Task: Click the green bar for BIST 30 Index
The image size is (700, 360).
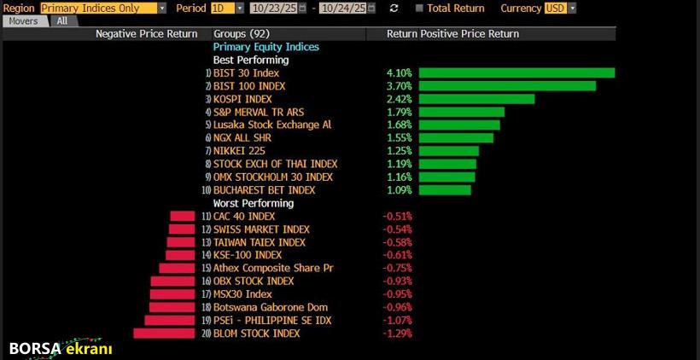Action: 516,73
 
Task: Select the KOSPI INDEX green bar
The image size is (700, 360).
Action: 476,99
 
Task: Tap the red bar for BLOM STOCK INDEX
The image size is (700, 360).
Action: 165,334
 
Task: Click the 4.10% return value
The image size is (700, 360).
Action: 399,73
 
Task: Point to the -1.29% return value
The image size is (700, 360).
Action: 397,334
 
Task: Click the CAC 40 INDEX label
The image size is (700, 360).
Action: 244,217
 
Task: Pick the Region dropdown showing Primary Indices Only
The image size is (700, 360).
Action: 103,8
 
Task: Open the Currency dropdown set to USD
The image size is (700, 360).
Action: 560,8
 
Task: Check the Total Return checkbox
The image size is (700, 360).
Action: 418,9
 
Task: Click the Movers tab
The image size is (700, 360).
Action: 24,20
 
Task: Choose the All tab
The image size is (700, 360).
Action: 61,20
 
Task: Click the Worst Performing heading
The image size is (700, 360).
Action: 253,203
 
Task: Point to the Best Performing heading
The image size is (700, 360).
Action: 250,61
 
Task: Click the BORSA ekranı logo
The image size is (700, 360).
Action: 61,349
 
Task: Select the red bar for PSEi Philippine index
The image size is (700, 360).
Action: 170,321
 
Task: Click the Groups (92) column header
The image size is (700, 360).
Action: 242,34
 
